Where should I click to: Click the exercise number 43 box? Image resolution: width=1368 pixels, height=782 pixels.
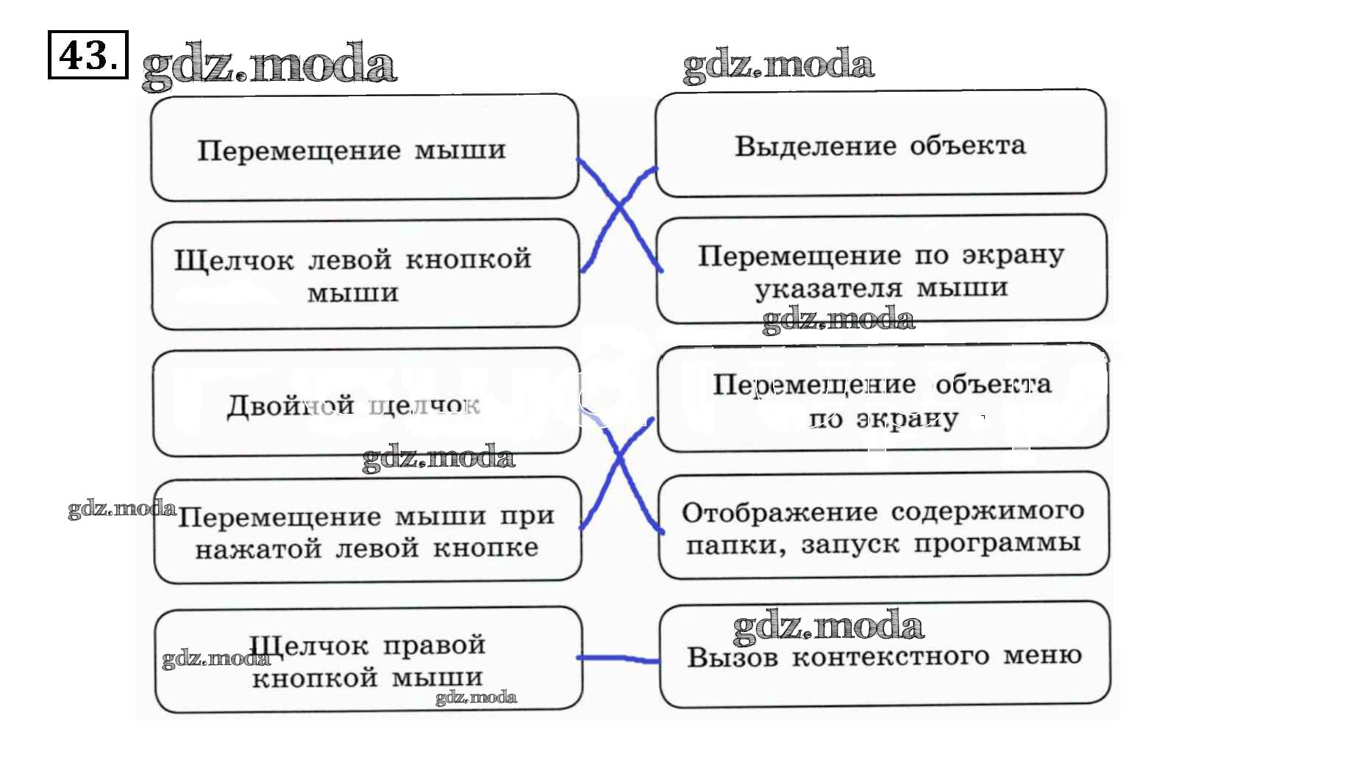pos(88,54)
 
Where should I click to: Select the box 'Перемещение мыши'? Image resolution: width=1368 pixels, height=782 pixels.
pos(364,147)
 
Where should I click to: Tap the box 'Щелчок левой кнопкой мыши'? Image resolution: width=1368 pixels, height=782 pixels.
pos(365,273)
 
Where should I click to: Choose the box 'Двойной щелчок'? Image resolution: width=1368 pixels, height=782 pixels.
pos(366,402)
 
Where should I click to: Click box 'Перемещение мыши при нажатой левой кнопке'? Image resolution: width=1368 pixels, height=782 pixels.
pos(367,530)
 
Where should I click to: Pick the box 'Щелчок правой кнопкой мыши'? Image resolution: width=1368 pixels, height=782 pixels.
pos(368,659)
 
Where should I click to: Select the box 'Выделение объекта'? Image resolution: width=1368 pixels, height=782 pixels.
pos(880,143)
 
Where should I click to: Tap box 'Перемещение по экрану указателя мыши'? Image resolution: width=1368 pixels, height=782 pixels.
pos(881,269)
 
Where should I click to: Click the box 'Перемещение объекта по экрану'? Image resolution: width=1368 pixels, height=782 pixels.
pos(883,398)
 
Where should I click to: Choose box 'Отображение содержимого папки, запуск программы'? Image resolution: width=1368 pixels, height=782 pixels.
pos(883,525)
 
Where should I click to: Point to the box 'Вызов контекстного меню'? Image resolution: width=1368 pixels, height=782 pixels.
pos(884,654)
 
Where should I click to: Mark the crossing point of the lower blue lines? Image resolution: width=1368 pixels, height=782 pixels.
pos(619,459)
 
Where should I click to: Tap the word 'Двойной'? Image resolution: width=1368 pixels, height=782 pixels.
pos(291,405)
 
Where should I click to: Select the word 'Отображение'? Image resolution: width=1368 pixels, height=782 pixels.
pos(779,512)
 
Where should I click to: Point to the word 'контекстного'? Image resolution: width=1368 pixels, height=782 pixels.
pos(890,656)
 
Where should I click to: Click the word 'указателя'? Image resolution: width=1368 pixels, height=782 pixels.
pos(828,289)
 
